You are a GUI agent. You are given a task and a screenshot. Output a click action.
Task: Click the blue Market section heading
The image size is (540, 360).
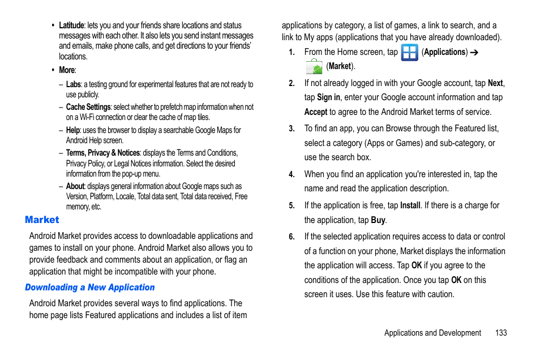click(42, 220)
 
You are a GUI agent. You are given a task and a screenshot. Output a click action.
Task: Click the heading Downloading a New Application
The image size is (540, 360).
click(89, 288)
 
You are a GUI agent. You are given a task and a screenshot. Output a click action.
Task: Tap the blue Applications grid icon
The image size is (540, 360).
click(409, 53)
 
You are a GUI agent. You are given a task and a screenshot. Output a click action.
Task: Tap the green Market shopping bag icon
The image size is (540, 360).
click(314, 67)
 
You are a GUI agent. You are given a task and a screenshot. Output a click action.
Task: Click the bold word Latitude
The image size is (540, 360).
click(71, 25)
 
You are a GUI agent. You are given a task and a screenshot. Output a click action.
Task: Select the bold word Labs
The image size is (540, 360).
click(73, 84)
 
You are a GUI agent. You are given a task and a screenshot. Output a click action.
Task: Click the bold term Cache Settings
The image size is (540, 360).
click(88, 107)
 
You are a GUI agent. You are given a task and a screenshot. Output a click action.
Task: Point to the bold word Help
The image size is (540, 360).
click(72, 130)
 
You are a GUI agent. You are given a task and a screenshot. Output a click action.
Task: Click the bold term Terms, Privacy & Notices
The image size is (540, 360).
click(102, 153)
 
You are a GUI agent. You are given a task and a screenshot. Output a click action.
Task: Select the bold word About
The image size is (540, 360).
click(75, 186)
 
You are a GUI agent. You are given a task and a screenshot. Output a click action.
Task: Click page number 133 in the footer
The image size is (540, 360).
click(500, 333)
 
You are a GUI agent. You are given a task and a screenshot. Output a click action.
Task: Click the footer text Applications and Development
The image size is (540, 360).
click(432, 333)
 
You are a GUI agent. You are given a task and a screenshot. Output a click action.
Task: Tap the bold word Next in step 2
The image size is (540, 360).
click(495, 83)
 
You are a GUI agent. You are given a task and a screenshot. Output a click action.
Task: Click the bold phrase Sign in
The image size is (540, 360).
click(328, 97)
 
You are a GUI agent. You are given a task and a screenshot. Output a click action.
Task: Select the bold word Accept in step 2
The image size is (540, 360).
click(316, 112)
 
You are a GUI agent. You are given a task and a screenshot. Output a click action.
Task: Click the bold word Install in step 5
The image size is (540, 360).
click(410, 205)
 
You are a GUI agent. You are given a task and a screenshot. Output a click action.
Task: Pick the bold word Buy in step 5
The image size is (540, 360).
click(378, 220)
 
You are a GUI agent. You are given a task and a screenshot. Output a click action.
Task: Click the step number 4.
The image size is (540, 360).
click(292, 175)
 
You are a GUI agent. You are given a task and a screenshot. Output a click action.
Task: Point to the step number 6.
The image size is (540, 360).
click(292, 237)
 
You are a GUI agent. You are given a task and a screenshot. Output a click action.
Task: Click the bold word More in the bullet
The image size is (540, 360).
click(67, 70)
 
